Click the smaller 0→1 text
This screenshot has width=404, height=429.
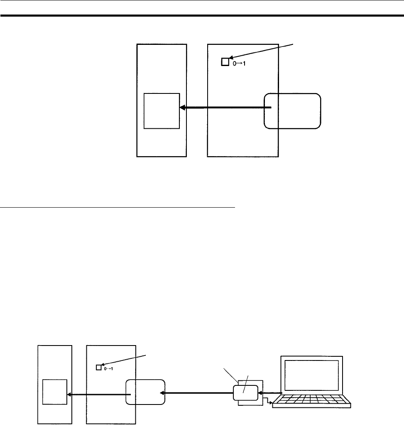click(108, 368)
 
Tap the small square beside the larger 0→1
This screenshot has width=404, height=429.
click(225, 62)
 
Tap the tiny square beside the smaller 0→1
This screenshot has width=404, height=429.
click(98, 367)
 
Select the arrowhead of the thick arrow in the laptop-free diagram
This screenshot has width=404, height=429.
click(183, 108)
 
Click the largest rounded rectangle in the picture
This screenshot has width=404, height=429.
click(292, 110)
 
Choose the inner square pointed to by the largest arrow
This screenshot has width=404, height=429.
click(162, 111)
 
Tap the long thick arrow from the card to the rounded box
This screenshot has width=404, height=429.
click(197, 393)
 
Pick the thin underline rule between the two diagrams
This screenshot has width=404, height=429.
click(118, 207)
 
